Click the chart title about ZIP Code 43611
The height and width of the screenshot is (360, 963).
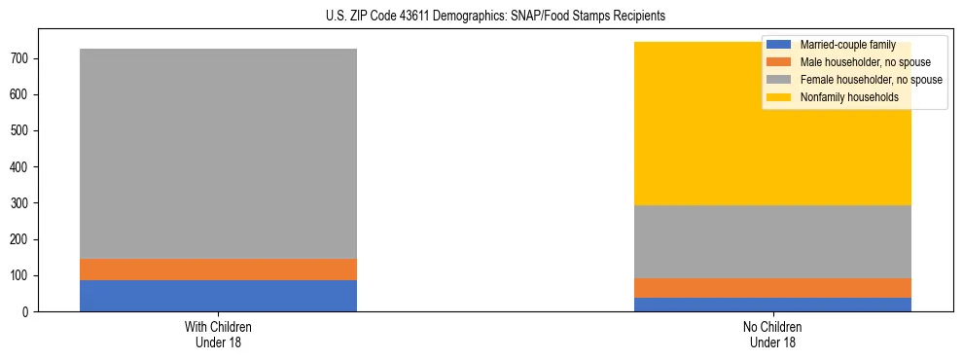[482, 16]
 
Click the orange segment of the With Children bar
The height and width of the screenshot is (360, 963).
[218, 270]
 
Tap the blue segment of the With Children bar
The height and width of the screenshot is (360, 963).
[218, 296]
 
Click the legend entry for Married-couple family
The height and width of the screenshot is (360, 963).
[846, 45]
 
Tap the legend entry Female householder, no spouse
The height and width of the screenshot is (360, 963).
[871, 80]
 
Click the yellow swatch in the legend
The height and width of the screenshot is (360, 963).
[779, 97]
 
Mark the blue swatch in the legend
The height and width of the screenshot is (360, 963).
[779, 45]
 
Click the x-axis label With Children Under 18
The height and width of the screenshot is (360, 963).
[218, 334]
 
